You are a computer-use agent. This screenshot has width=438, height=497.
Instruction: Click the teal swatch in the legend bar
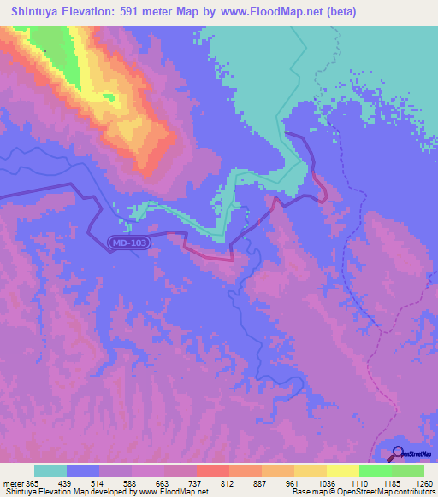click(50, 471)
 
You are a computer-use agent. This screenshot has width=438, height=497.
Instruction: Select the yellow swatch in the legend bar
click(342, 471)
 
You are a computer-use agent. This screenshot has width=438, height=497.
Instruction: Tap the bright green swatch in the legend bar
click(375, 471)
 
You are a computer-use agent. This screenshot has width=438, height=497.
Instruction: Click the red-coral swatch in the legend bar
click(212, 471)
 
